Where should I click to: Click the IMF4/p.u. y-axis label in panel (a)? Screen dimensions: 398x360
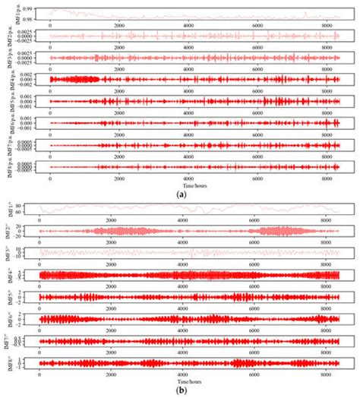pyautogui.click(x=6, y=78)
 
